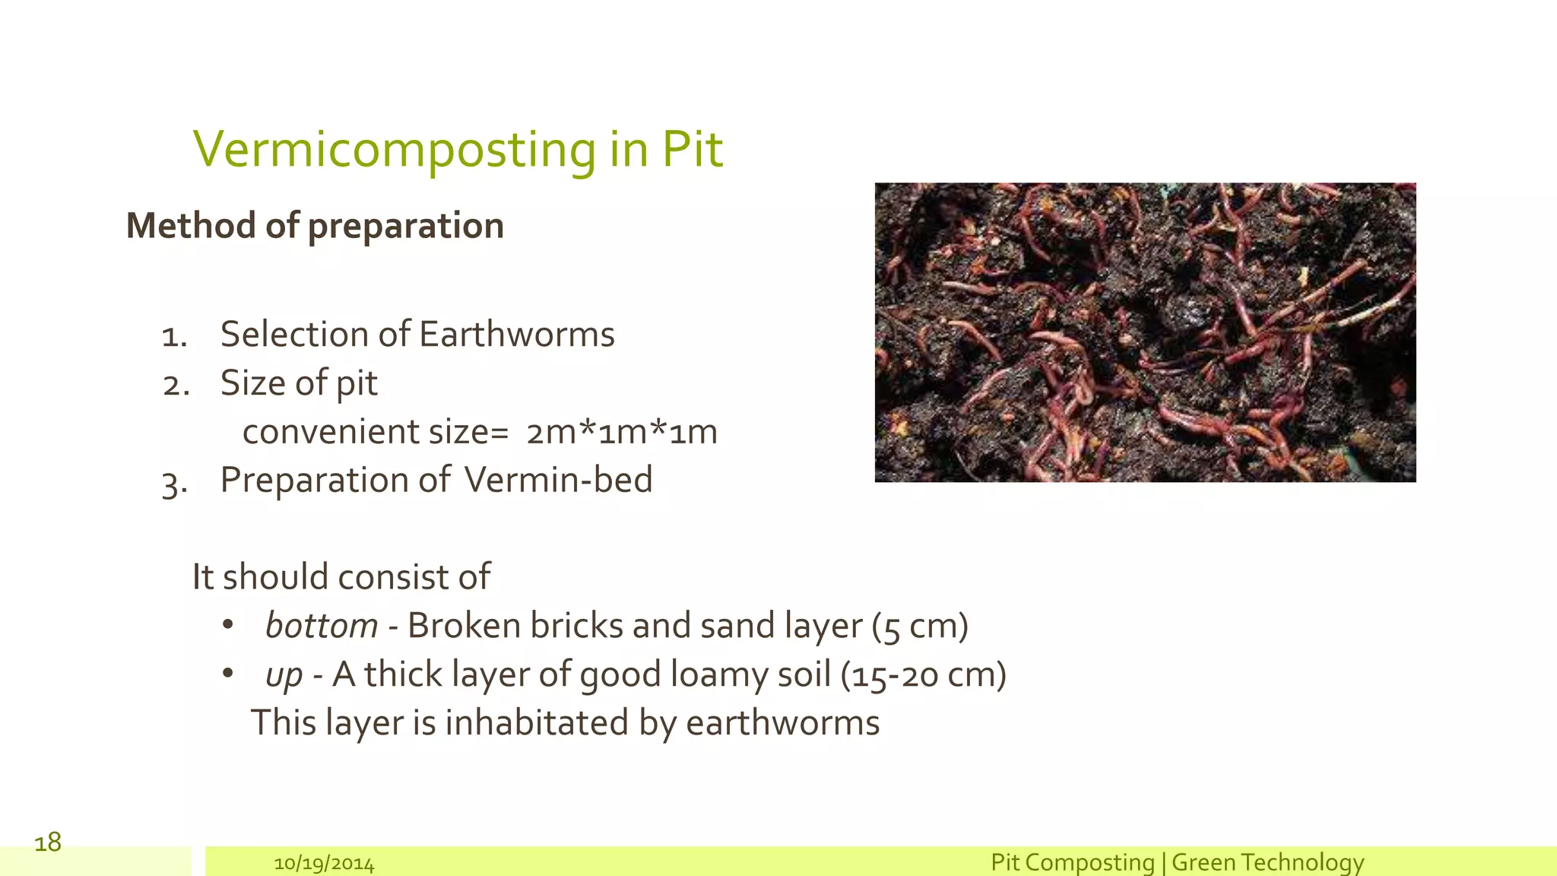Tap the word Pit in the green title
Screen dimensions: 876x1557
coord(692,149)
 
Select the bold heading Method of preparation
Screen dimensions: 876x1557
coord(315,226)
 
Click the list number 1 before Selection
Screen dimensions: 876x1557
coord(174,336)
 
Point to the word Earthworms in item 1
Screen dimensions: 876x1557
coord(516,335)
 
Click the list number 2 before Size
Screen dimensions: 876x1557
coord(176,385)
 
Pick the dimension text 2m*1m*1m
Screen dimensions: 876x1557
coord(622,432)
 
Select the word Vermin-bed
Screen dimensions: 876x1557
coord(558,480)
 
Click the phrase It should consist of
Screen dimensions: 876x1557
coord(341,577)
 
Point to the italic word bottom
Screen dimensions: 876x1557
coord(321,626)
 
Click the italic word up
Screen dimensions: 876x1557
coord(284,675)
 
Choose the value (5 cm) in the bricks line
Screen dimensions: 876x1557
coord(920,626)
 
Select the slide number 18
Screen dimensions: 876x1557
coord(48,842)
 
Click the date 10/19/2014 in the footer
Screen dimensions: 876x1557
coord(324,864)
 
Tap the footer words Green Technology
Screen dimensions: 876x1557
coord(1267,862)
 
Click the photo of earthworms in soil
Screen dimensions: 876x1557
coord(1145,332)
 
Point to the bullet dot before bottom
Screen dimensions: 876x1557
coord(227,625)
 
